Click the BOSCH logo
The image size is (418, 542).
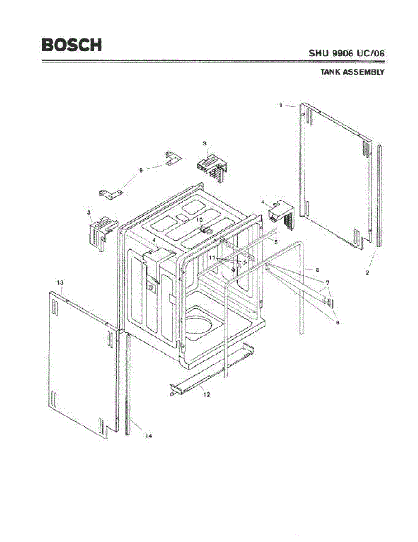71,45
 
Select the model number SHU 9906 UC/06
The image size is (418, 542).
347,53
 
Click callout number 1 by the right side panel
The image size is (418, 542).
281,105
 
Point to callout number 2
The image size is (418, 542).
367,273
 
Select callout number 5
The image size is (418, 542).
275,242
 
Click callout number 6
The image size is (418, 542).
317,270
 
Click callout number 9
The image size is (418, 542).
141,170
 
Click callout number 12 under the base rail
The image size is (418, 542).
207,394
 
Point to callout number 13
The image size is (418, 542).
60,282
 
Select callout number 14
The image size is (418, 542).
148,436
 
